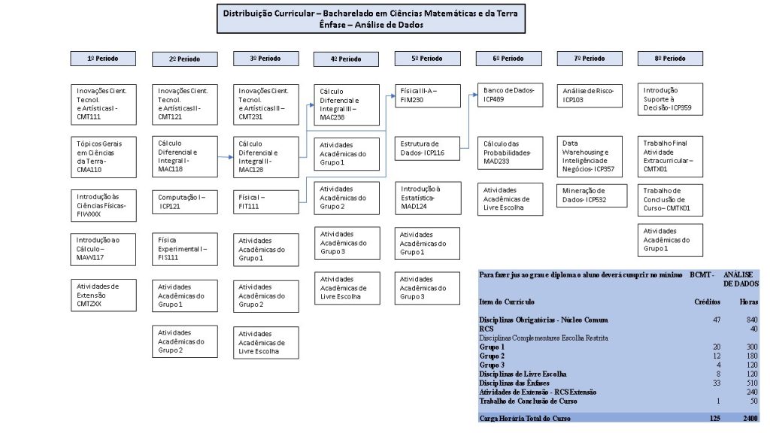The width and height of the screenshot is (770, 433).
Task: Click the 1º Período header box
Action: click(103, 59)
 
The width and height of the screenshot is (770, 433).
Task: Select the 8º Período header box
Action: click(670, 59)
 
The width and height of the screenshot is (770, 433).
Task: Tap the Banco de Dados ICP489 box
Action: click(511, 95)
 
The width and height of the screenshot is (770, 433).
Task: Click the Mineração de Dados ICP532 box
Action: click(592, 195)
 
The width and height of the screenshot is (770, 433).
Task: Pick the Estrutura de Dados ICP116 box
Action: click(427, 148)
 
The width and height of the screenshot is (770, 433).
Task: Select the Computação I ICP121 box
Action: click(185, 201)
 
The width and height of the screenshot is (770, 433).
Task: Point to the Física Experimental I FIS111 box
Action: click(185, 249)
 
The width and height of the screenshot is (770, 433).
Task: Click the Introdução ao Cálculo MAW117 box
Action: click(103, 250)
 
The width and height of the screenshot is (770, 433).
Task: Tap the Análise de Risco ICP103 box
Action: click(590, 95)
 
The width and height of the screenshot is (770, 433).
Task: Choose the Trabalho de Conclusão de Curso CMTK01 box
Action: click(670, 200)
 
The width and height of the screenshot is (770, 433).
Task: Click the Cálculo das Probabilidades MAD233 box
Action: click(511, 153)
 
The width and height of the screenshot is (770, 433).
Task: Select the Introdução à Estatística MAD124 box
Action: click(428, 198)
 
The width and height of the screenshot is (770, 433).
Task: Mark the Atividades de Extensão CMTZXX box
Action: click(103, 295)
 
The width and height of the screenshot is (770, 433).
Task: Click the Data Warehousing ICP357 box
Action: click(590, 156)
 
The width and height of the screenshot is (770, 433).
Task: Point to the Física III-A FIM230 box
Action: click(428, 95)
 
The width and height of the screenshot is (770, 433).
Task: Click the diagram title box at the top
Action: click(371, 19)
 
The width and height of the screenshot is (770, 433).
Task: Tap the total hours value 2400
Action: click(750, 418)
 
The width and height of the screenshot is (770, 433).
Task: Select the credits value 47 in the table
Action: click(717, 319)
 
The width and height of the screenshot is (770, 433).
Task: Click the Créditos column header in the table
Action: click(707, 302)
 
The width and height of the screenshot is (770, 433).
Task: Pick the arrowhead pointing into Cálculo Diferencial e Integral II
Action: click(231, 157)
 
